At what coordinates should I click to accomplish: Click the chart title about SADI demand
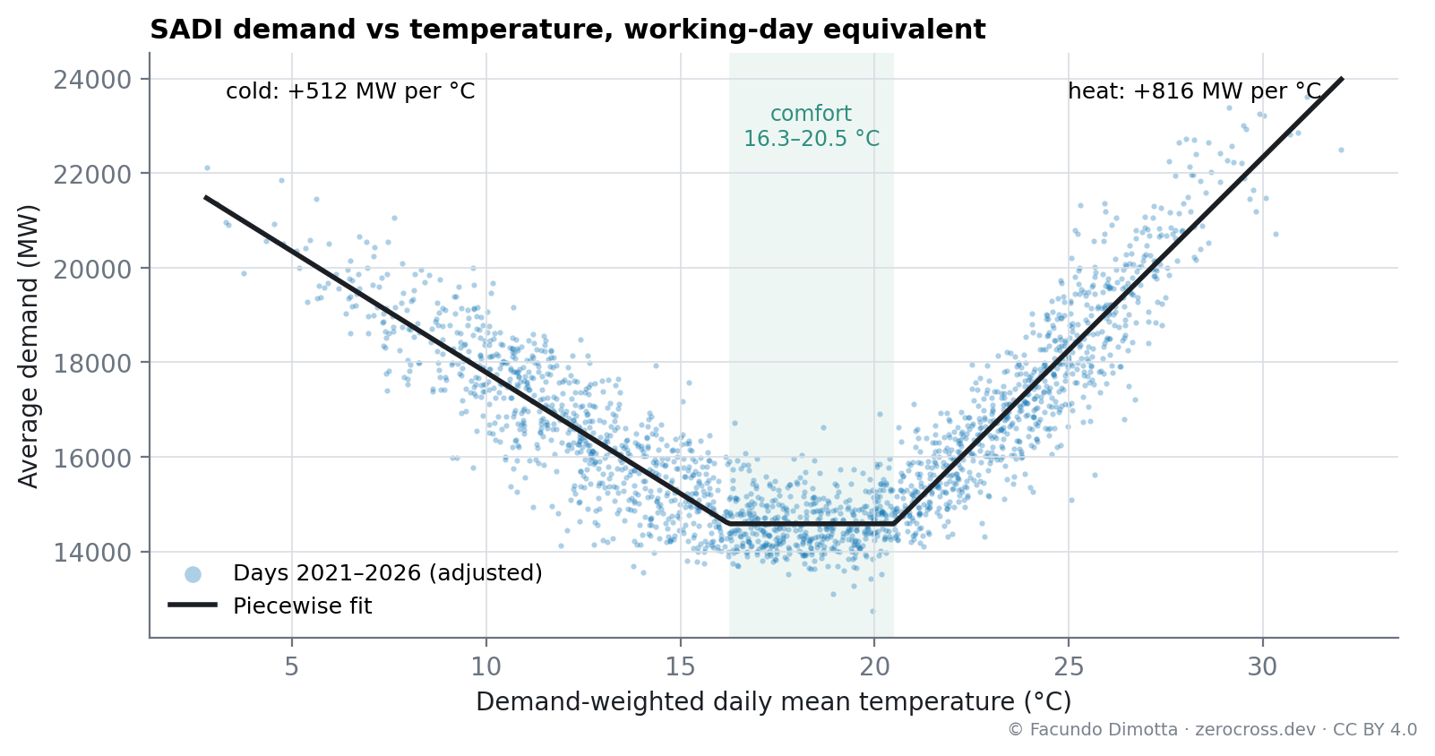568,30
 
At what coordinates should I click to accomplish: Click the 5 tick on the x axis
292,667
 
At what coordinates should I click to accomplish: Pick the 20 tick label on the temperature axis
874,667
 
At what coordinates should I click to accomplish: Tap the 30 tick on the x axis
1263,667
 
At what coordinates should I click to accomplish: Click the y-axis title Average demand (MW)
28,347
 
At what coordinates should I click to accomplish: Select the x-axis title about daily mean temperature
774,702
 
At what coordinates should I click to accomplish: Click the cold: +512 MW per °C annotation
350,91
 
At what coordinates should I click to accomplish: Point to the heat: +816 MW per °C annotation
1194,91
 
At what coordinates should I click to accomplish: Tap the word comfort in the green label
811,114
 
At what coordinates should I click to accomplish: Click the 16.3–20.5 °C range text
811,138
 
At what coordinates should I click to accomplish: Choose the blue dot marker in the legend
193,575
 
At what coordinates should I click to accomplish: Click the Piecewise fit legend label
303,606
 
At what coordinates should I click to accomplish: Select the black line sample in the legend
193,605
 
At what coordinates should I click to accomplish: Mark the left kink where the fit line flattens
729,524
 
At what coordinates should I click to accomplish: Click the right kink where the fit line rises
894,524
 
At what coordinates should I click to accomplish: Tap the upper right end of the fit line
1342,78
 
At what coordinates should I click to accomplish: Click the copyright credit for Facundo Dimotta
1212,730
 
